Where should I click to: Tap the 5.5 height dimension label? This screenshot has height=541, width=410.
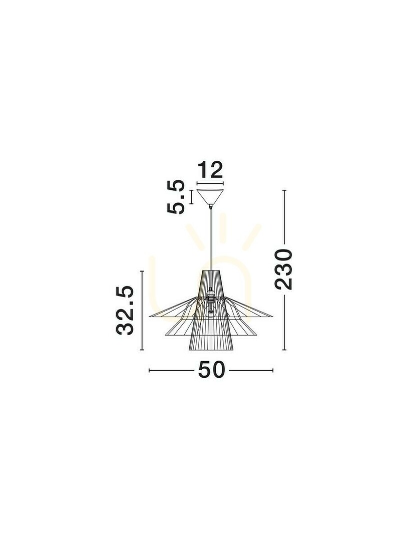pos(176,197)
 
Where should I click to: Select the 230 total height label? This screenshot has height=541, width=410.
pos(283,269)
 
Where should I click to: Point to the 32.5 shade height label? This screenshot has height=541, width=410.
pos(125,311)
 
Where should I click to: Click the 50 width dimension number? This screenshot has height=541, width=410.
pos(211,370)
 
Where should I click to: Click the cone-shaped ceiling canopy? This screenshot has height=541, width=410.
pos(210,197)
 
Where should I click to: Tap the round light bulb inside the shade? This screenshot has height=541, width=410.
pos(210,311)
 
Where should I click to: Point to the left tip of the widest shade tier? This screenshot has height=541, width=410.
pos(149,316)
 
